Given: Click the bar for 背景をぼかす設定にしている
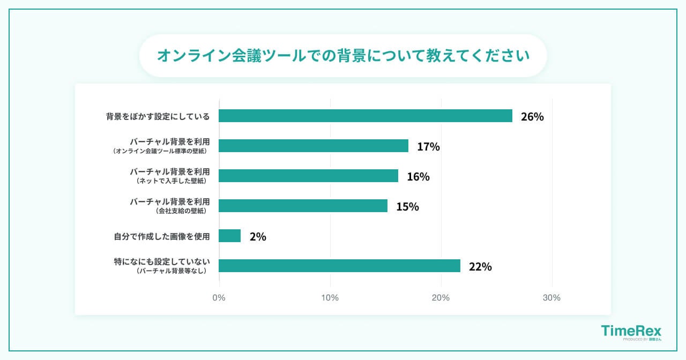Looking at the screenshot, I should tap(366, 116).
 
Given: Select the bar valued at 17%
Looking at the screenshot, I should tap(314, 146).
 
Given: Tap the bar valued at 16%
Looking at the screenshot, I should tap(309, 176).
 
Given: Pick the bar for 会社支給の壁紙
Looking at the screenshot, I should tap(303, 206).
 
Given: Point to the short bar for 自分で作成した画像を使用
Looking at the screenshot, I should tap(230, 236).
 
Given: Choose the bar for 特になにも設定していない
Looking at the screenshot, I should tap(340, 266).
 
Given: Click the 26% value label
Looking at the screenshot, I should tap(532, 117).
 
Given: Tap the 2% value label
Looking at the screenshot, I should tap(258, 237).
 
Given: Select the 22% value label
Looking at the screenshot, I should tap(480, 267).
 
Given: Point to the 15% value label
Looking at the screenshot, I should tap(407, 207).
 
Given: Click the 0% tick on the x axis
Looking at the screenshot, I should tap(219, 298).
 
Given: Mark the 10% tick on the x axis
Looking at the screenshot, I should tap(330, 298).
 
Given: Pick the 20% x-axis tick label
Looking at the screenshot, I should tap(441, 298).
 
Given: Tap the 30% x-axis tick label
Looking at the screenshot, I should tap(551, 298).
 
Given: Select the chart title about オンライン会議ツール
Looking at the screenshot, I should tap(343, 56).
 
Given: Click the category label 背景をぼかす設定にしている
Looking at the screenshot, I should tap(158, 116).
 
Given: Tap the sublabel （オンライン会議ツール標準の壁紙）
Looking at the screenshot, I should tap(160, 152).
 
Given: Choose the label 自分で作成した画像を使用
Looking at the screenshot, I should tap(161, 236).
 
